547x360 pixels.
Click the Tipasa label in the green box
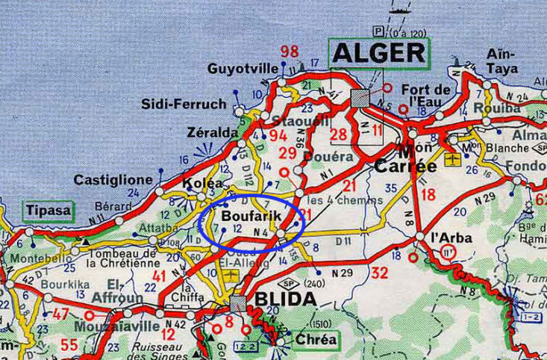pyautogui.click(x=49, y=211)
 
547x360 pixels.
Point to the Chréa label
pyautogui.click(x=316, y=340)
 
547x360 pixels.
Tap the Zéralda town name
pyautogui.click(x=212, y=132)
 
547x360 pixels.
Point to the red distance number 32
pyautogui.click(x=380, y=272)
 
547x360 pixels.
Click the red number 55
pyautogui.click(x=69, y=344)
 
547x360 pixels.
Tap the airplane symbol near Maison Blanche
pyautogui.click(x=451, y=159)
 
